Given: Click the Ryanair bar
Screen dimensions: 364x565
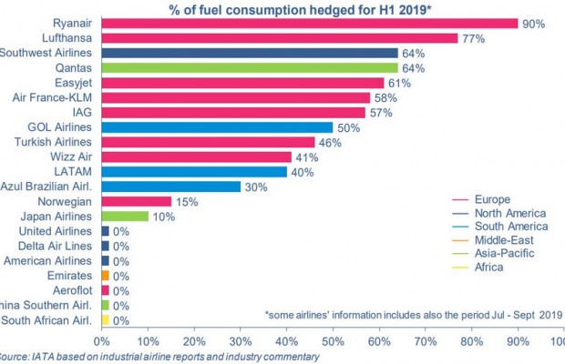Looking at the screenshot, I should [x=310, y=24].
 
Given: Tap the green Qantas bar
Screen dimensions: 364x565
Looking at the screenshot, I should [x=250, y=67].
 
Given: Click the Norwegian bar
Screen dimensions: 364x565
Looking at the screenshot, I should [x=137, y=201].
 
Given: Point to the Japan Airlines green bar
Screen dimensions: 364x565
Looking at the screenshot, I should [x=125, y=216].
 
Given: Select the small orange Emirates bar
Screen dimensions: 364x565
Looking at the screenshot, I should [x=106, y=276].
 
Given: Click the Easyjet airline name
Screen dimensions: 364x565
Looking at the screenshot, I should [x=69, y=82].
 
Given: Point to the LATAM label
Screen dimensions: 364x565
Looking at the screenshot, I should [x=74, y=171].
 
